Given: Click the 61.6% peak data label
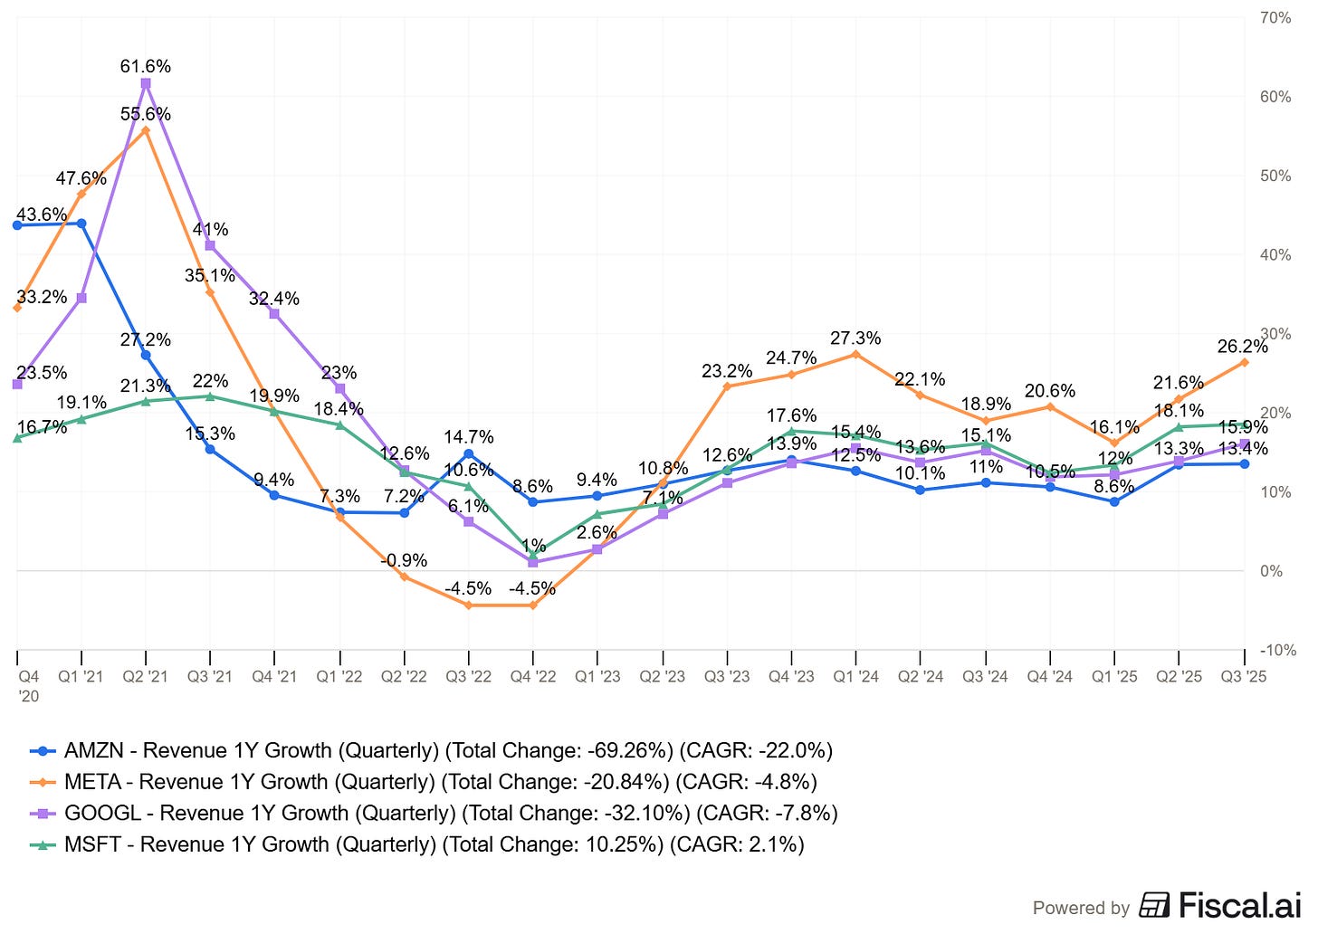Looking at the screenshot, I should point(146,66).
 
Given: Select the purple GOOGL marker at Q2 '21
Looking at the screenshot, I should point(146,83).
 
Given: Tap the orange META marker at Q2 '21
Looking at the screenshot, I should point(146,130).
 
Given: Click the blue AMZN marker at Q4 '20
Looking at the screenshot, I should point(17,225).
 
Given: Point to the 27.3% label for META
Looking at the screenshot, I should point(855,338).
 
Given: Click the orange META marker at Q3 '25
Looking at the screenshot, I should point(1244,363).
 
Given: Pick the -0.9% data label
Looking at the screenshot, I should point(404,560).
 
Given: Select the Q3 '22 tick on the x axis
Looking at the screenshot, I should point(468,677).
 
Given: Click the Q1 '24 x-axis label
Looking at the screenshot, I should point(855,677).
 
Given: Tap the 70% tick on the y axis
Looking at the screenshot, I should point(1275,18).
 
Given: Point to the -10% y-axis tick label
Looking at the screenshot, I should point(1277,650).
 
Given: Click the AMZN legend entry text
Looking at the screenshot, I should point(448,750).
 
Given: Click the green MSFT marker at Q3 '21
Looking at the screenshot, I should point(210,396).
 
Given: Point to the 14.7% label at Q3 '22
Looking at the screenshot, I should point(468,437).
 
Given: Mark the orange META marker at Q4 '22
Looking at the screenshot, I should point(532,605).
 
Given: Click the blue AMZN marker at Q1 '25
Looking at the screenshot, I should point(1114,501).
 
